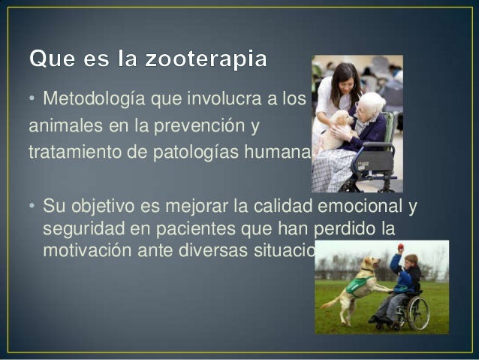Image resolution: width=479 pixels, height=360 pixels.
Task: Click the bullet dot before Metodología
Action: pos(32,99)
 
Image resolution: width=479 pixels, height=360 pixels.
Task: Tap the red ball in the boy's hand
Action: pos(401,247)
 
